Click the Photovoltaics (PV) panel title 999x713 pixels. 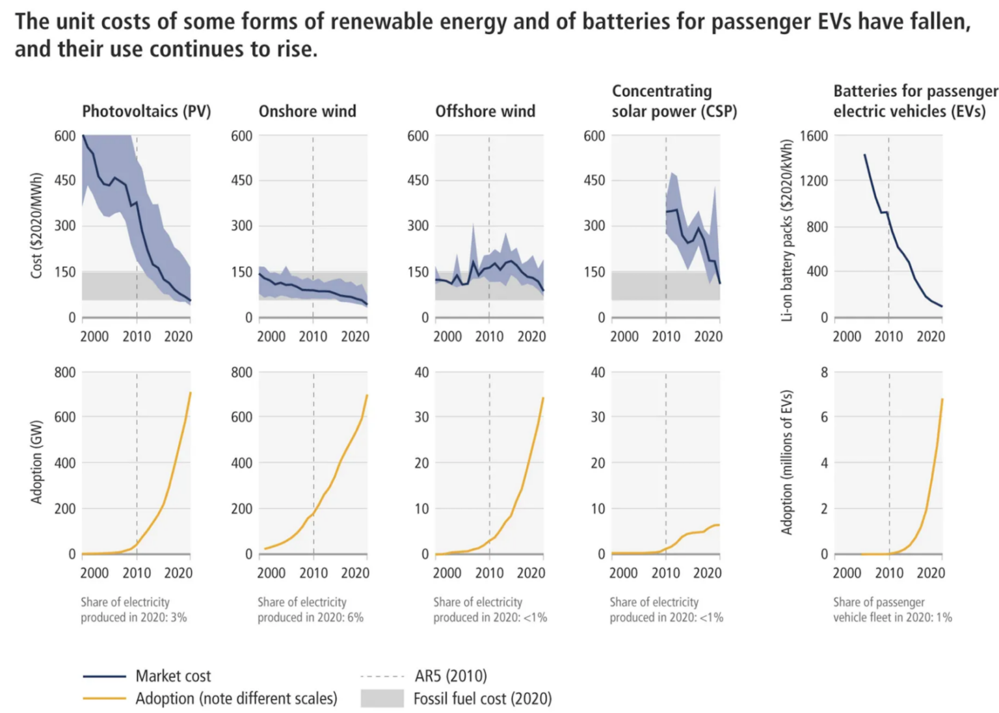pyautogui.click(x=146, y=111)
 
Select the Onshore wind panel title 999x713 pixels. pyautogui.click(x=307, y=111)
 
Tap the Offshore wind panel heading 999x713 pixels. pyautogui.click(x=485, y=111)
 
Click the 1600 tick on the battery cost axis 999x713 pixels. pyautogui.click(x=814, y=136)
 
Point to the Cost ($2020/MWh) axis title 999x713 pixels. pyautogui.click(x=36, y=225)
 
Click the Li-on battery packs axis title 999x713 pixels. pyautogui.click(x=787, y=230)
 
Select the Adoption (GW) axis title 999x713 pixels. pyautogui.click(x=36, y=462)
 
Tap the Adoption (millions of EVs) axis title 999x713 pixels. pyautogui.click(x=787, y=463)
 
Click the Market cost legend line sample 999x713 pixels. pyautogui.click(x=104, y=677)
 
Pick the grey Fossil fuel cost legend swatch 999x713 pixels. pyautogui.click(x=382, y=699)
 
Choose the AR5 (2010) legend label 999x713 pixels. pyautogui.click(x=451, y=676)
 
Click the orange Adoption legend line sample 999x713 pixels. pyautogui.click(x=104, y=699)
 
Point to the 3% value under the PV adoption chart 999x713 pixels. pyautogui.click(x=179, y=617)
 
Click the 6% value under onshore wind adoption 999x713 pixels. pyautogui.click(x=355, y=617)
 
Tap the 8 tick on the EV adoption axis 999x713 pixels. pyautogui.click(x=824, y=373)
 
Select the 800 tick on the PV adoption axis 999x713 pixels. pyautogui.click(x=65, y=373)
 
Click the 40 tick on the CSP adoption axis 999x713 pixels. pyautogui.click(x=598, y=373)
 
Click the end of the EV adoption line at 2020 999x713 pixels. pyautogui.click(x=942, y=399)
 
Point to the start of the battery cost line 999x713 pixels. pyautogui.click(x=865, y=155)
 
